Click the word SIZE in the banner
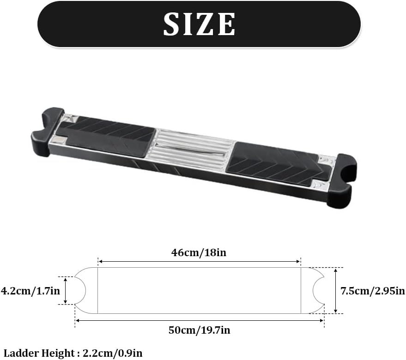[x=200, y=24]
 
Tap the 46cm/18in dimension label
[x=199, y=252]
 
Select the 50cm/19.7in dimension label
[x=199, y=330]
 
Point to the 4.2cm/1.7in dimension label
[x=30, y=291]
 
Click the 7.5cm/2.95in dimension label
[x=372, y=291]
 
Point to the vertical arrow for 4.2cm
[x=66, y=290]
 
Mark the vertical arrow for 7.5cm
[x=335, y=290]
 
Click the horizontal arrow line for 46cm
[x=199, y=262]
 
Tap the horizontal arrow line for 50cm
[x=199, y=320]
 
